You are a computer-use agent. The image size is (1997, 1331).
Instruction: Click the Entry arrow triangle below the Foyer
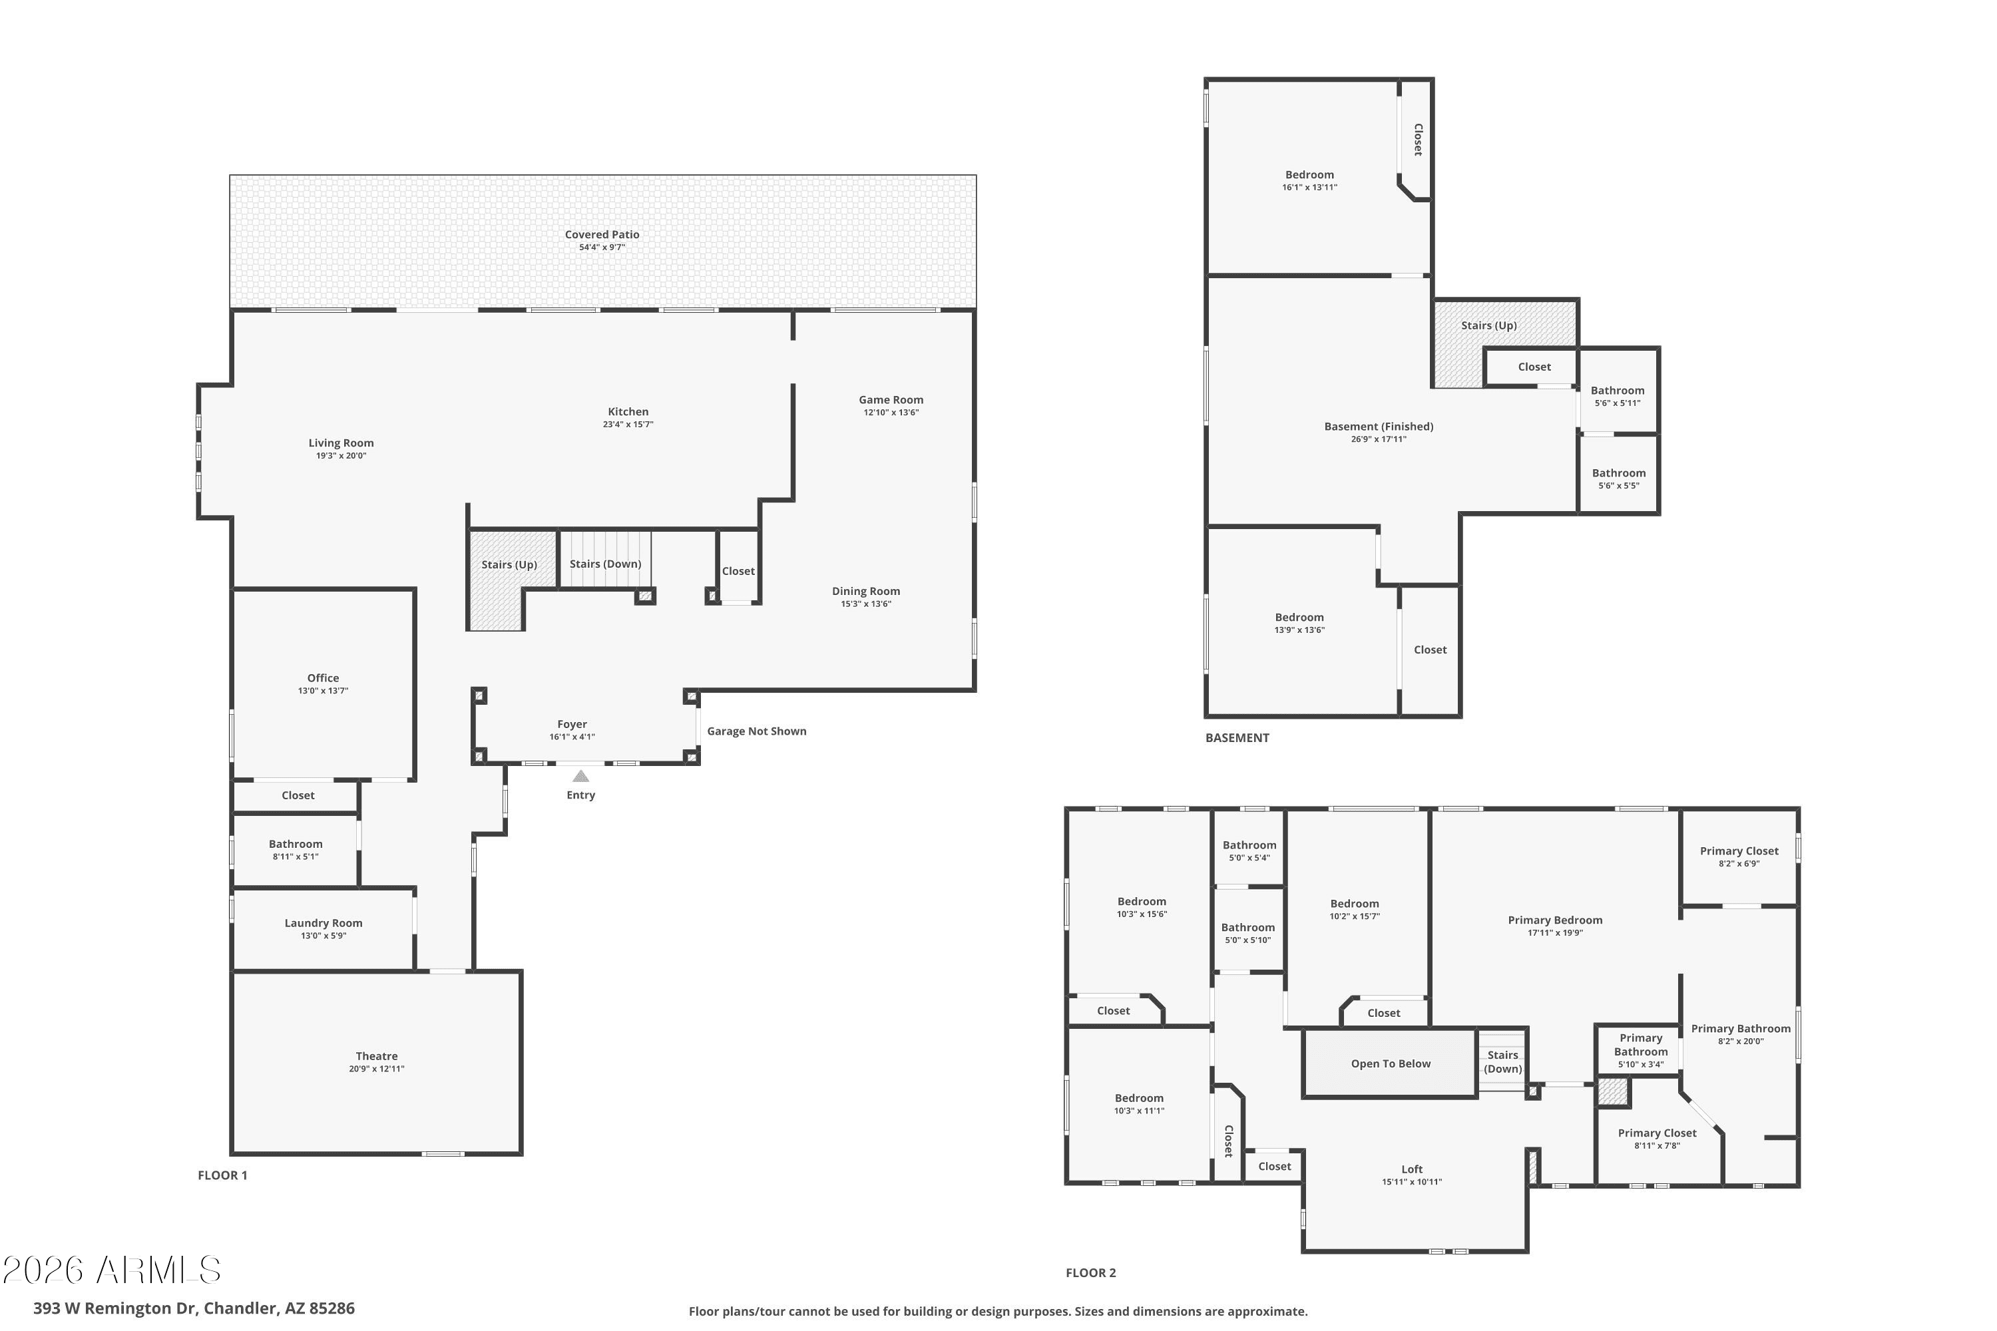click(580, 776)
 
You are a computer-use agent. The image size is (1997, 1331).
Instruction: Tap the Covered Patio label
click(602, 234)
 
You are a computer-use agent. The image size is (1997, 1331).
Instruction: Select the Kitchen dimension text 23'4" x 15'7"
click(628, 425)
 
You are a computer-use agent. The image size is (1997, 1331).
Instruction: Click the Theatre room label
click(376, 1056)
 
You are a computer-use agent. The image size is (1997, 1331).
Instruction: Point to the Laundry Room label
click(324, 922)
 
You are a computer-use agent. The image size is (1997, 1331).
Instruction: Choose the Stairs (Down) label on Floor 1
click(605, 564)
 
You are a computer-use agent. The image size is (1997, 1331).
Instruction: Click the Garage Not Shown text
click(756, 731)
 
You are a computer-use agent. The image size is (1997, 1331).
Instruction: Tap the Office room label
click(323, 677)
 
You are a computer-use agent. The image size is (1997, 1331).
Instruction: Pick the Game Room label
click(891, 399)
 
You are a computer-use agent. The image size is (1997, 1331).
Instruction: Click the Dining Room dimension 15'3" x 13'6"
click(866, 604)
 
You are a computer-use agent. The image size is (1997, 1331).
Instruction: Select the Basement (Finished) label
click(1379, 426)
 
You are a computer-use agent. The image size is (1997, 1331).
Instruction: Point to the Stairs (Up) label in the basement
click(1489, 325)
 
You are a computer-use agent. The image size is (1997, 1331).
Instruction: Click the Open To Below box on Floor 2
click(1391, 1063)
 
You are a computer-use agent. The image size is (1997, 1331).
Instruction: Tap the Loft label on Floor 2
click(1412, 1169)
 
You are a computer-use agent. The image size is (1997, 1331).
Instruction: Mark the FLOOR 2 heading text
click(1091, 1272)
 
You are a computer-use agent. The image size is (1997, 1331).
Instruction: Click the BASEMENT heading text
click(1237, 737)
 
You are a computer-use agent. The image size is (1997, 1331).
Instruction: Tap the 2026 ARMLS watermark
click(111, 1270)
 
